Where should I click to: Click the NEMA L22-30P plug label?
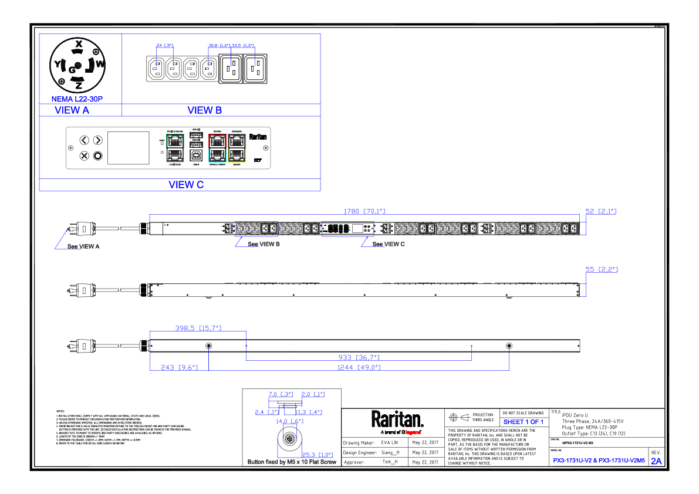click(77, 100)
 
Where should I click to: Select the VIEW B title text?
click(204, 110)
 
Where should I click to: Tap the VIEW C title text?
click(186, 185)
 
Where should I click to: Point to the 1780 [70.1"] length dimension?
click(364, 211)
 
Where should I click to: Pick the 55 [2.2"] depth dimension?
click(602, 269)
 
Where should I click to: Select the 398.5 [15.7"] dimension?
click(198, 328)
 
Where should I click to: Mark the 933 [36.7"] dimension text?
click(359, 357)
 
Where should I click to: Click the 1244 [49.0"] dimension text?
click(359, 368)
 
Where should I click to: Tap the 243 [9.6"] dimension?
click(171, 368)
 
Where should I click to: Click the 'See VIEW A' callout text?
click(83, 247)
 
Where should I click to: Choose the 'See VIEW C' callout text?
click(389, 245)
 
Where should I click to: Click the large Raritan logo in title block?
click(397, 419)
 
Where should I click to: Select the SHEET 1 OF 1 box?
click(523, 422)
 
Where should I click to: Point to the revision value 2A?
click(656, 461)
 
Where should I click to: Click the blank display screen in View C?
click(129, 148)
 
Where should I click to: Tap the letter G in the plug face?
click(72, 70)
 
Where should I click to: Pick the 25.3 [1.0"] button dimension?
click(318, 455)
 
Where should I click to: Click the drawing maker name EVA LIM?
click(390, 443)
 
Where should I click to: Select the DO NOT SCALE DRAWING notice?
click(523, 413)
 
